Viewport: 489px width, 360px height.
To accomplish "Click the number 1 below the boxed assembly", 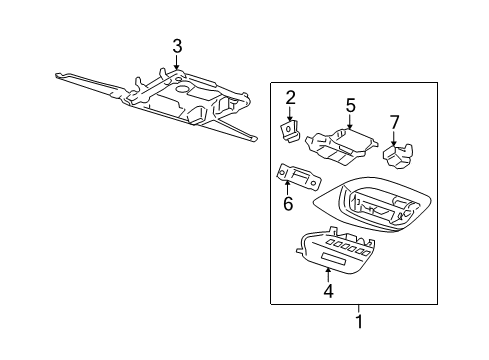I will [359, 323].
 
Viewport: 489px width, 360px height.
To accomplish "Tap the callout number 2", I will [290, 97].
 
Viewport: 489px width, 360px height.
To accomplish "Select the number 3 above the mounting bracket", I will [176, 46].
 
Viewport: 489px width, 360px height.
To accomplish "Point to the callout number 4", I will [328, 292].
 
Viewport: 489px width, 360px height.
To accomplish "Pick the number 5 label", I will [350, 105].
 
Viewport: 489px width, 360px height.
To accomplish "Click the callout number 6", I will [288, 204].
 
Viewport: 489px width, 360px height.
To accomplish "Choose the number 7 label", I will [394, 122].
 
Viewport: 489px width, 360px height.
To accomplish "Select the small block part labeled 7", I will [401, 154].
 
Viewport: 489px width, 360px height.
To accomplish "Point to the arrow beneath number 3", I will [176, 64].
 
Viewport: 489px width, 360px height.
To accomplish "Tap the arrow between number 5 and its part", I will [350, 122].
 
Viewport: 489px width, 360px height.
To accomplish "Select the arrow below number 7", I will [394, 139].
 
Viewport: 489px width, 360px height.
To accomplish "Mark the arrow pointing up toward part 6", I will [288, 188].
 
